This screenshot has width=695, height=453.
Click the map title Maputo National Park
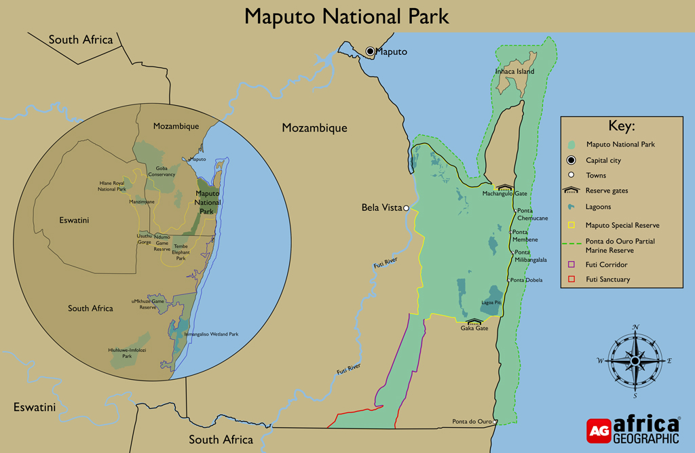(347, 16)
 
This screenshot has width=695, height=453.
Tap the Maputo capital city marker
(371, 52)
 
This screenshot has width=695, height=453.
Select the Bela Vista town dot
(406, 208)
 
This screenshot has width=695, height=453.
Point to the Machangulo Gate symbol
(504, 186)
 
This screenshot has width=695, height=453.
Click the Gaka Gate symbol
(474, 321)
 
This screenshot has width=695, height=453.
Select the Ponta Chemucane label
(532, 214)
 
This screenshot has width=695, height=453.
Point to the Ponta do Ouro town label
(472, 422)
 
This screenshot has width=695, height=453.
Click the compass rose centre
(635, 361)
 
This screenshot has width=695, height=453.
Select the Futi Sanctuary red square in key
(571, 279)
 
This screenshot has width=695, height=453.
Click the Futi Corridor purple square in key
(571, 264)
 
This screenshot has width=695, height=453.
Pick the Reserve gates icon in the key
(571, 191)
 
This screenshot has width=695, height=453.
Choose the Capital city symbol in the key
(571, 161)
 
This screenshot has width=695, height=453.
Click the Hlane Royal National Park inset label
(111, 186)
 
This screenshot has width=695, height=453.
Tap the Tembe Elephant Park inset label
(181, 252)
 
